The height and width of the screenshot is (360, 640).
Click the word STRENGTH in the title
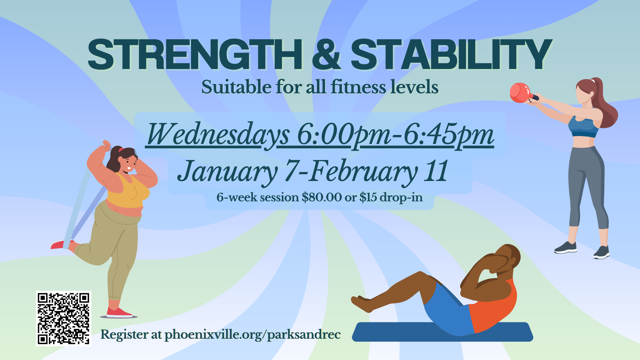coord(195,54)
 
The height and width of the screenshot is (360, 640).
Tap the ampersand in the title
coord(326,54)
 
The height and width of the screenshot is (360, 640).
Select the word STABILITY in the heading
coord(451,54)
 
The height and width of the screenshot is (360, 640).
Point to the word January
coord(227,172)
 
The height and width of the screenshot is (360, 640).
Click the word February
coord(363,172)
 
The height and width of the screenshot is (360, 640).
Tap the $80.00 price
coord(322,197)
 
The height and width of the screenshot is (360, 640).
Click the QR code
coord(63,318)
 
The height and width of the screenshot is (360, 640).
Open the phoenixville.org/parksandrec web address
coord(253,335)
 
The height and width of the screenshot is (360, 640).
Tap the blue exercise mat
coord(442,332)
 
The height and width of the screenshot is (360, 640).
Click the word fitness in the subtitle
coord(358,87)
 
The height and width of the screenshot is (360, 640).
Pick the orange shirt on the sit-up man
coord(493,305)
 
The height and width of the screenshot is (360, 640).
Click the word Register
coord(124,335)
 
